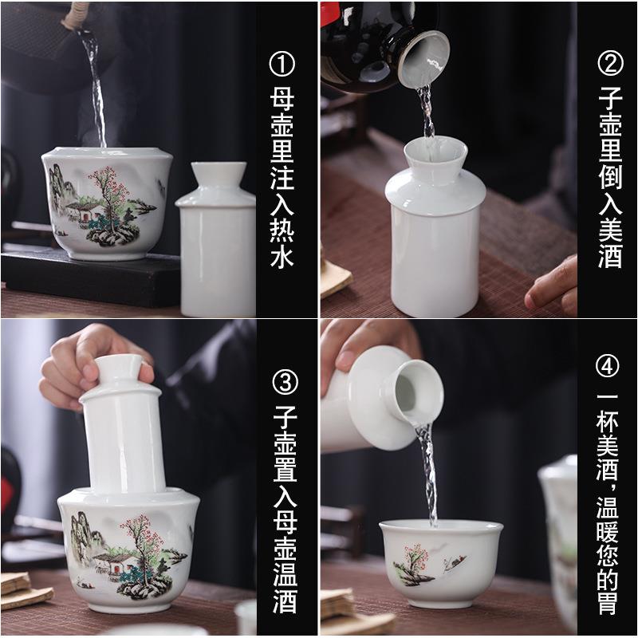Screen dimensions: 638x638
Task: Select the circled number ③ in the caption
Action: (x=283, y=382)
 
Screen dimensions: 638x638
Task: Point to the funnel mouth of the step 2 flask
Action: (x=431, y=152)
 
